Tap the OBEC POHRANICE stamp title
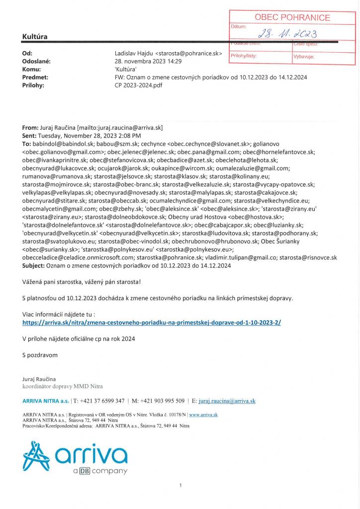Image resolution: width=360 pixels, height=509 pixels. pos(292,17)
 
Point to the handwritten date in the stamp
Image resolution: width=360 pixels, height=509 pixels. pos(288,34)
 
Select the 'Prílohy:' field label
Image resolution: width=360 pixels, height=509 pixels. pos(34,85)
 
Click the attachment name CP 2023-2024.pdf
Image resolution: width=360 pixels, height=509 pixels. pos(138,85)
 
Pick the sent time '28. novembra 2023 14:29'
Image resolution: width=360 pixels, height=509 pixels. pos(148,61)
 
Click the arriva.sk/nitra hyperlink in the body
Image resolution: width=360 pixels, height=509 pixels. pos(152,322)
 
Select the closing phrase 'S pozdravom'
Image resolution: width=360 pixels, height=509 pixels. pos(40,355)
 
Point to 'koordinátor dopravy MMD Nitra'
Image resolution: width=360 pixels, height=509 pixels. pos(62,386)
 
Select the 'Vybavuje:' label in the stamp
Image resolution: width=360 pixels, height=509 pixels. pos(304,57)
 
